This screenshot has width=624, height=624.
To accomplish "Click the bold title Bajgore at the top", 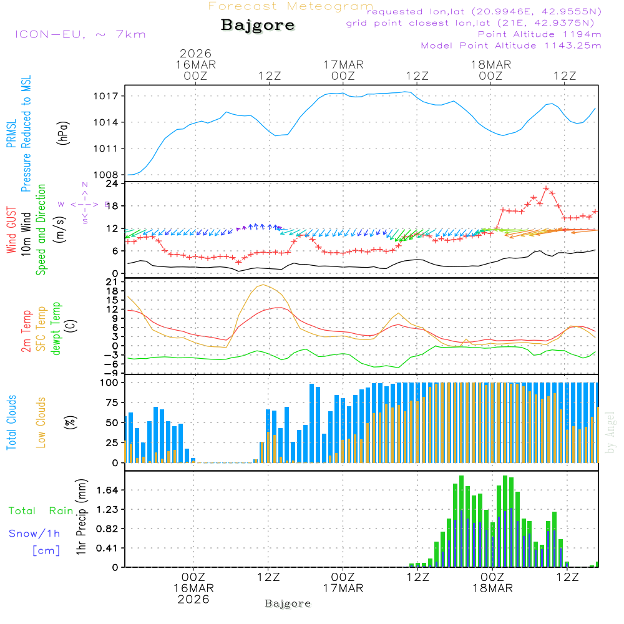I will [x=258, y=26].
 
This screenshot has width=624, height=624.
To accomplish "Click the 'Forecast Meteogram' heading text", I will [x=291, y=7].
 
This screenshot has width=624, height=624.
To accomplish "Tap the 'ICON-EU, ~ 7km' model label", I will [x=80, y=34].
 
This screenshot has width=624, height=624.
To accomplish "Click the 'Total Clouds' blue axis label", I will [x=12, y=422].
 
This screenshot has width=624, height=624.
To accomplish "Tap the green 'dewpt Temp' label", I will [x=57, y=329].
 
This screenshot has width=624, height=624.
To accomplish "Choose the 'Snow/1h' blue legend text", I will [x=34, y=534].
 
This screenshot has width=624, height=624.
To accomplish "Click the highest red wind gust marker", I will [x=546, y=188].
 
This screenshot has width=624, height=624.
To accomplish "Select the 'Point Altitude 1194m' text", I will [x=539, y=34].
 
